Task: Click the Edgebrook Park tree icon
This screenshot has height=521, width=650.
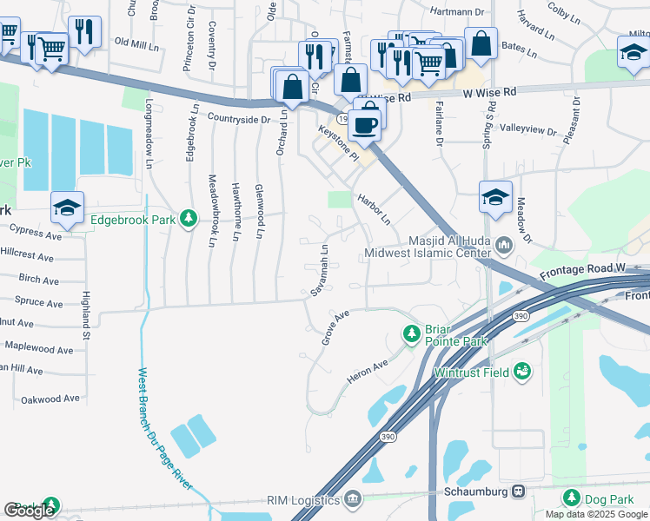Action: [187, 219]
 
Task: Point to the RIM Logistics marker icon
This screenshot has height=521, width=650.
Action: [352, 499]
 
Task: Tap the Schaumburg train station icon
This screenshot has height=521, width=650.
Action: [519, 491]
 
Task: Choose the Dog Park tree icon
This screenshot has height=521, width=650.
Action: [571, 498]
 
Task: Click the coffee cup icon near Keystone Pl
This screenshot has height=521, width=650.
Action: [367, 123]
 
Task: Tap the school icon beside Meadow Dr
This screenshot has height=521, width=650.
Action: [495, 197]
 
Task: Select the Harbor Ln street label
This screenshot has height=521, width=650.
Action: [374, 208]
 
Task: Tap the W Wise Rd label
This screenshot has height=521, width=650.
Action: [489, 91]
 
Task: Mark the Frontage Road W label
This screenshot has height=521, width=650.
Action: [582, 272]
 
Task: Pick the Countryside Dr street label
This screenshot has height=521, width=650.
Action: [238, 118]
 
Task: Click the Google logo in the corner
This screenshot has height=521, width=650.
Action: [29, 511]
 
